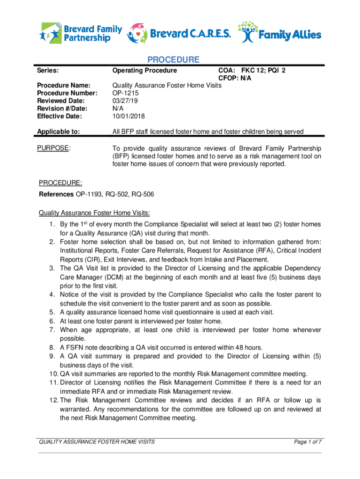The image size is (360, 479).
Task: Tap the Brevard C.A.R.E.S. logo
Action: [179, 33]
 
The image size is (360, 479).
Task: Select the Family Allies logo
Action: [280, 33]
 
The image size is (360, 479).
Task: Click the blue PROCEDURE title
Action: [173, 60]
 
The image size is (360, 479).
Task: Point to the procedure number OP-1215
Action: [126, 93]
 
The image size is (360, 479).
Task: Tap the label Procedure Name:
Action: [63, 86]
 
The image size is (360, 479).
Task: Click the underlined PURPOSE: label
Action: [54, 148]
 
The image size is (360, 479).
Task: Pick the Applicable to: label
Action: [58, 131]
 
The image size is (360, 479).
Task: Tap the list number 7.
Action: [52, 330]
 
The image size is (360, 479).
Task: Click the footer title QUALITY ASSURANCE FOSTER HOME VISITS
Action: [97, 442]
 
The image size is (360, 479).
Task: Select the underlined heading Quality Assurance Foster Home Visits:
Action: [94, 213]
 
